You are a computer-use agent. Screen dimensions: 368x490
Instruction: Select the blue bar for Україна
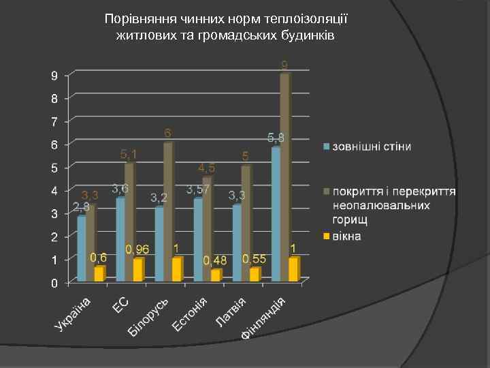82,248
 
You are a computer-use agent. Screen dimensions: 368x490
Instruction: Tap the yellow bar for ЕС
138,270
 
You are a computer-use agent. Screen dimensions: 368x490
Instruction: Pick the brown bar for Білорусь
168,211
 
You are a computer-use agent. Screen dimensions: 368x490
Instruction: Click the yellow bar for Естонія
216,275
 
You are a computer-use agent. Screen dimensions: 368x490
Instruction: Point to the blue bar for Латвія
236,243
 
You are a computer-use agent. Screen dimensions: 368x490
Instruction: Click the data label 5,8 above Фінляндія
276,138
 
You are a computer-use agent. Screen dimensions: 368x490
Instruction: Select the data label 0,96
137,250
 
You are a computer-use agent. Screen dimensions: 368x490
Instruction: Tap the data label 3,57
198,189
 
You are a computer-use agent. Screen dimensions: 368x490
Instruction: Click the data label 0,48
215,261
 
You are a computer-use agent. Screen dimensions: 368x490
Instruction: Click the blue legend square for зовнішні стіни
326,147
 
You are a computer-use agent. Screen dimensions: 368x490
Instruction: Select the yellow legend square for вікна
326,236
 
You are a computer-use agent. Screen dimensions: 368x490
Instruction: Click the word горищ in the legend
350,220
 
